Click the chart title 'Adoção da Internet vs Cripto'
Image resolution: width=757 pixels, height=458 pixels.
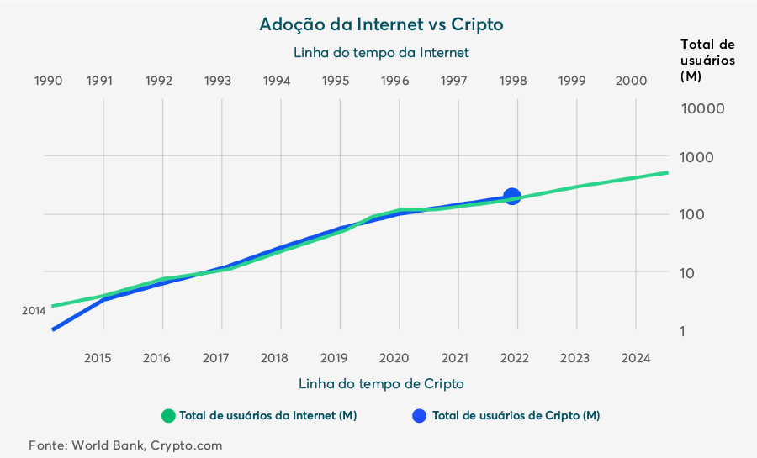click(381, 24)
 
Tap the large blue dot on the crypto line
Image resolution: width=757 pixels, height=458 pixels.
click(511, 196)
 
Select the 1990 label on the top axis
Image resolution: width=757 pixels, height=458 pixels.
click(48, 81)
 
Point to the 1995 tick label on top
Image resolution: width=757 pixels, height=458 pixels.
click(336, 81)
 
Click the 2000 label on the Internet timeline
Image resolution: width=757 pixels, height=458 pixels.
click(631, 81)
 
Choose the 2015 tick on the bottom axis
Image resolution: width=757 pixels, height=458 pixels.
click(98, 358)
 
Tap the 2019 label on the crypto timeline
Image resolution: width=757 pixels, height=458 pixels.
click(334, 358)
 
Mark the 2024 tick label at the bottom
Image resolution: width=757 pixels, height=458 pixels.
click(636, 358)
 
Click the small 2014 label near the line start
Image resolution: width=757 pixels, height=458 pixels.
click(34, 311)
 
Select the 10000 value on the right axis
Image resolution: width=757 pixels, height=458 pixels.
click(703, 108)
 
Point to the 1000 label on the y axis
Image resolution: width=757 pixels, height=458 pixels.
click(696, 157)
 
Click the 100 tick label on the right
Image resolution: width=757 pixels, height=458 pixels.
click(692, 214)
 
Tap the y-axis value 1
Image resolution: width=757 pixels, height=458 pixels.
click(682, 331)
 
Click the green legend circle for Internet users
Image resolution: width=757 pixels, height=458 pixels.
click(168, 416)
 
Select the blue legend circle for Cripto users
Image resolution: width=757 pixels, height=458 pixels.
click(420, 416)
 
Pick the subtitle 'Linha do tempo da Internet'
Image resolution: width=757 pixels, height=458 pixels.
click(381, 53)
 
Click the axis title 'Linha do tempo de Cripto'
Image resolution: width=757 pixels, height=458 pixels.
click(381, 384)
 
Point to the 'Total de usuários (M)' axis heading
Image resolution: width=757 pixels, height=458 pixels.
click(707, 61)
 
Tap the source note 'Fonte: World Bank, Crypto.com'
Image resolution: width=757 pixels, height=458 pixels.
click(125, 445)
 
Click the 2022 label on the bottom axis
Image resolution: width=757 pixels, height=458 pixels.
click(515, 358)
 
